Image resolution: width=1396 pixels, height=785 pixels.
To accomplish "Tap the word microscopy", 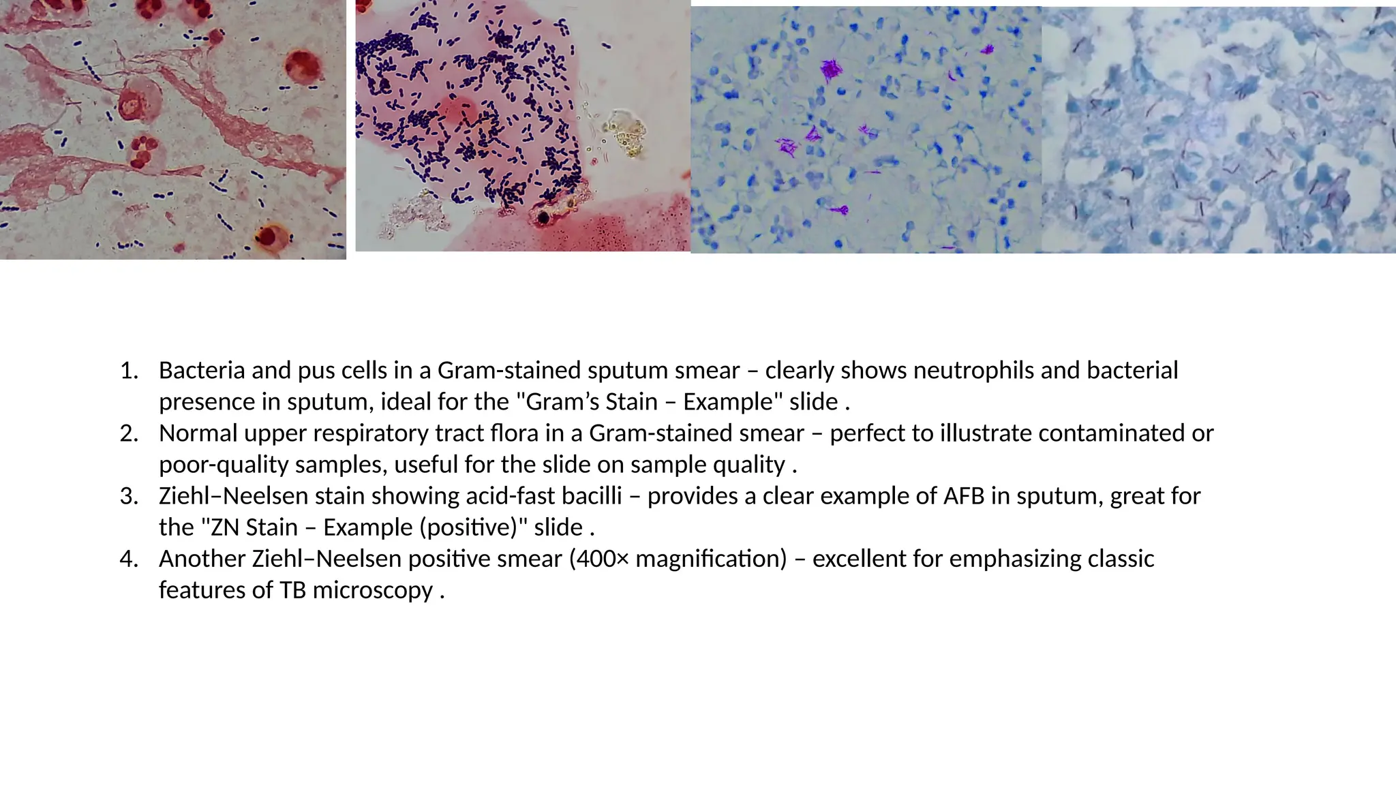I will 373,590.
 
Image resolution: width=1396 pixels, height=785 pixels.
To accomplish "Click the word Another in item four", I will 202,559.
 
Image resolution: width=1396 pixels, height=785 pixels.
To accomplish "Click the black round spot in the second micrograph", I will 544,218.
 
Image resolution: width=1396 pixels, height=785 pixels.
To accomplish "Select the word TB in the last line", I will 292,590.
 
